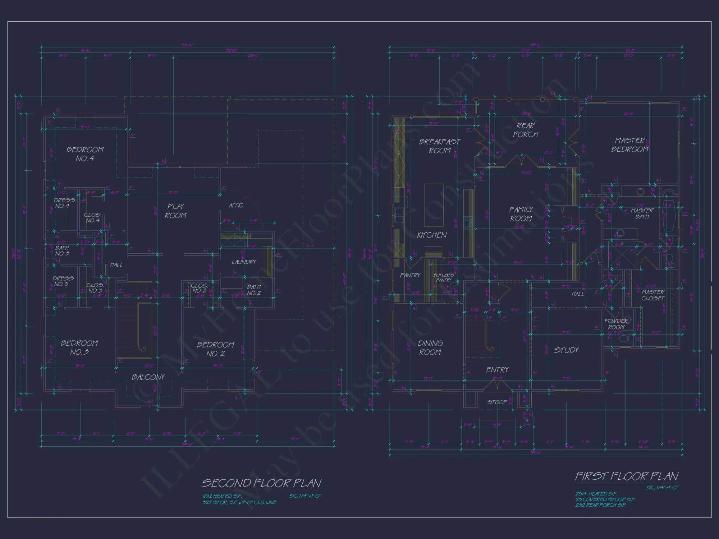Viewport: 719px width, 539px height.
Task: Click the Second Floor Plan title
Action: pos(261,483)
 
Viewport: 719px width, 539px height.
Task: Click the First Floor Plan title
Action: pos(627,476)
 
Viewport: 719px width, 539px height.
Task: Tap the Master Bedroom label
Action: pos(630,145)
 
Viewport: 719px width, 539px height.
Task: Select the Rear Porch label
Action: pos(526,130)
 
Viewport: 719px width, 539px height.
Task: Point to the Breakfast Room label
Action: pos(440,146)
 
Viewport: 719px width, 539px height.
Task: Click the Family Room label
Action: pos(521,214)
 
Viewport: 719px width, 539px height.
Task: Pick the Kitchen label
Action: pos(432,235)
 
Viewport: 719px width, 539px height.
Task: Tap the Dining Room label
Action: pos(430,348)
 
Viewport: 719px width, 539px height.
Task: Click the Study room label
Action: pos(566,350)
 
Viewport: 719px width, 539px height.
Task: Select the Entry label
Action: pos(498,370)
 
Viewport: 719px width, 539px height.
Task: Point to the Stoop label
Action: pos(497,402)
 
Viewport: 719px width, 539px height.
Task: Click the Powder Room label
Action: pos(616,324)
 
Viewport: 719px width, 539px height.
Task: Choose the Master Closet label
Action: pos(653,295)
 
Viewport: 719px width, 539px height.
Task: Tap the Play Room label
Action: pos(176,211)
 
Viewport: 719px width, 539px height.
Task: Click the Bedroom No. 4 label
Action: pos(85,154)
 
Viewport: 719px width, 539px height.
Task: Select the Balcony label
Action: pos(148,377)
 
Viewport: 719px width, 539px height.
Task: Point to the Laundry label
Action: pos(244,262)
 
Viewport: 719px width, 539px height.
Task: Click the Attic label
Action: pos(236,206)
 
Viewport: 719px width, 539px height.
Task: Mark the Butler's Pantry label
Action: pos(444,277)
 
